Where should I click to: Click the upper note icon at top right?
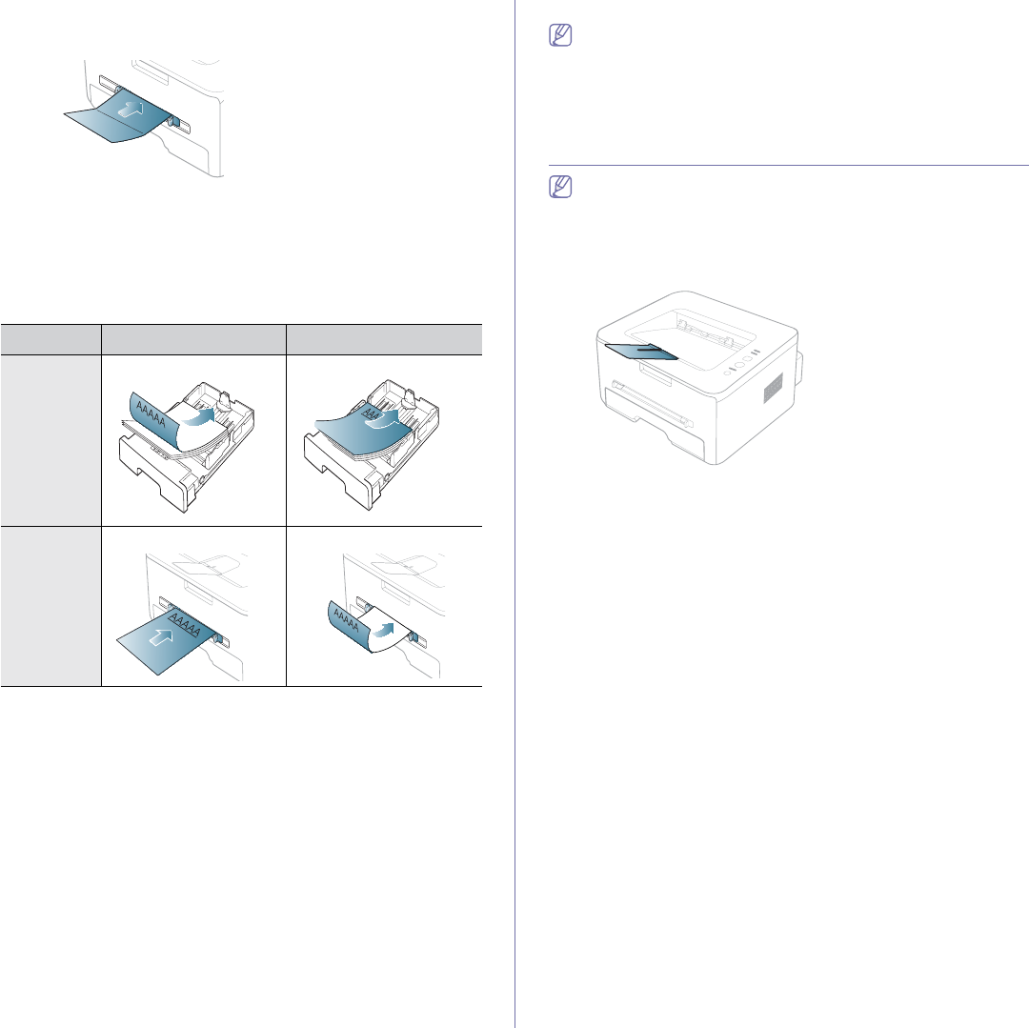(561, 36)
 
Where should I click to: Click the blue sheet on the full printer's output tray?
(640, 353)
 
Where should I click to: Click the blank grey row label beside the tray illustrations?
(50, 439)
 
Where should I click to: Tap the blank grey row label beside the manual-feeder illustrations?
(50, 605)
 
